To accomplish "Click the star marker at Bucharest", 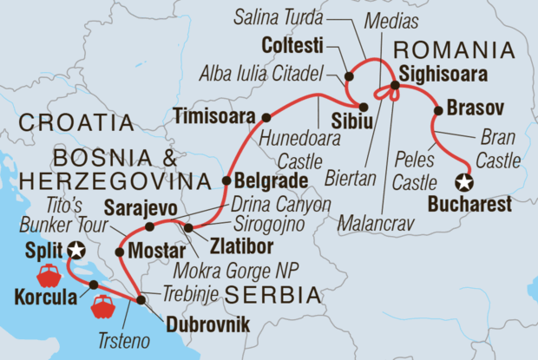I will click(465, 182).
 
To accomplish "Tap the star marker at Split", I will click(76, 252).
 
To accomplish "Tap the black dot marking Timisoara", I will click(266, 116).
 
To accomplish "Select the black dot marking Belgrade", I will click(226, 182).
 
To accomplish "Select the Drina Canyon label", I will click(281, 205).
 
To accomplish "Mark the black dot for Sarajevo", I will click(149, 227).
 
